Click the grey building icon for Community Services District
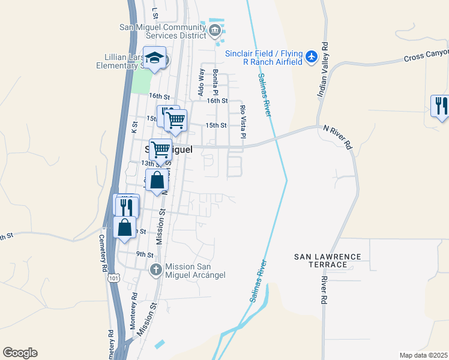coord(215,30)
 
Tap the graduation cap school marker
coord(155,58)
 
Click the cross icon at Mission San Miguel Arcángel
coord(155,269)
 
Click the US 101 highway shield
coord(113,278)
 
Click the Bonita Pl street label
coord(215,82)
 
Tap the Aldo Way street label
coord(201,82)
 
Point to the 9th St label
coord(145,254)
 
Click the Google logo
coord(20,353)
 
